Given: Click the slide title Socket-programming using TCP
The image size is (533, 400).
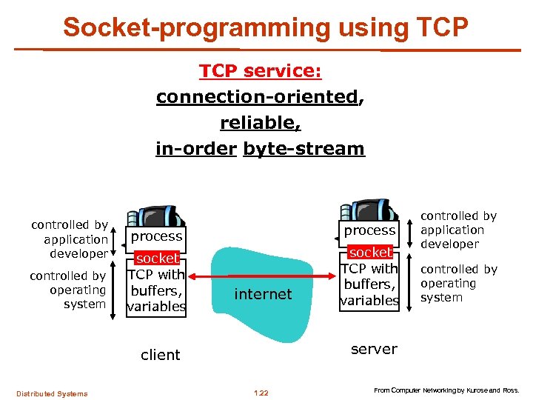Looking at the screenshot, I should pyautogui.click(x=266, y=27).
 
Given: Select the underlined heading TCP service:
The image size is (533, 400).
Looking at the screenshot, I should pyautogui.click(x=260, y=72).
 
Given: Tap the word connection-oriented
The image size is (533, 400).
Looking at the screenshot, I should pyautogui.click(x=257, y=97).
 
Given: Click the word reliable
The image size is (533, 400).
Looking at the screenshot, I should pyautogui.click(x=259, y=123).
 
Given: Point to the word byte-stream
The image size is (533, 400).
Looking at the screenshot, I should pyautogui.click(x=304, y=149).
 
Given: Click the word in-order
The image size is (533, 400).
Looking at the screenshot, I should pyautogui.click(x=196, y=149).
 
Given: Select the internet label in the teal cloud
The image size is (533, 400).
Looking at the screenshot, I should pyautogui.click(x=263, y=294).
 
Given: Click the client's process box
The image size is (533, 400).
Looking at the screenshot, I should pyautogui.click(x=156, y=236).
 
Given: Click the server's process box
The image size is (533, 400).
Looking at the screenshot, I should pyautogui.click(x=369, y=230).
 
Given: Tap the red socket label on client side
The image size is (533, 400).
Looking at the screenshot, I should pyautogui.click(x=157, y=259).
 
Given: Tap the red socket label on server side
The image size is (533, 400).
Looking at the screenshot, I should pyautogui.click(x=370, y=253).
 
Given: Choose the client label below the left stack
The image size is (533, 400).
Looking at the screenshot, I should pyautogui.click(x=160, y=355).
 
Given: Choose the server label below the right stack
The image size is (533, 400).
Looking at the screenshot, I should pyautogui.click(x=374, y=349).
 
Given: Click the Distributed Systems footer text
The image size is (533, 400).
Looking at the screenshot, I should pyautogui.click(x=53, y=393).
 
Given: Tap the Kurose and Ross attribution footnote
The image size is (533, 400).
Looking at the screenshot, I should pyautogui.click(x=446, y=390).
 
